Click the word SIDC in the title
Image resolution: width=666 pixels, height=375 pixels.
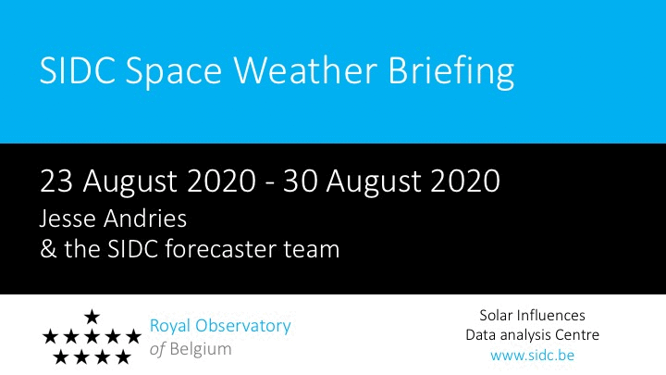[x=78, y=70]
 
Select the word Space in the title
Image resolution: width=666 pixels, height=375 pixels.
[x=174, y=73]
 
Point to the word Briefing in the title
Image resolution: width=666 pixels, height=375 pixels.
[x=451, y=72]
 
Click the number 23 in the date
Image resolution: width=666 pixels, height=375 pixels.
[x=56, y=181]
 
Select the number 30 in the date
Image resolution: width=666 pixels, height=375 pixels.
[x=301, y=181]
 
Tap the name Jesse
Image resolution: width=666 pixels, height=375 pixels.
[x=67, y=219]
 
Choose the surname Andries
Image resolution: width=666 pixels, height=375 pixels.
[x=145, y=219]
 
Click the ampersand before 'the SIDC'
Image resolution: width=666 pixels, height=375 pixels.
[x=48, y=249]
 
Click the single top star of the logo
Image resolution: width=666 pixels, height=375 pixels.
[x=92, y=317]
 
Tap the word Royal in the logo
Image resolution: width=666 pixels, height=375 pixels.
[x=170, y=327]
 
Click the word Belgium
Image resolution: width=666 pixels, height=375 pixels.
[x=201, y=349]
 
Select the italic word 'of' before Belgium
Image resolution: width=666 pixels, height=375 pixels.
[x=157, y=349]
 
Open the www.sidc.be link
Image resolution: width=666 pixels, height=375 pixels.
[x=532, y=355]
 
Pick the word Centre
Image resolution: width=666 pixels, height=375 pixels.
[x=576, y=335]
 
